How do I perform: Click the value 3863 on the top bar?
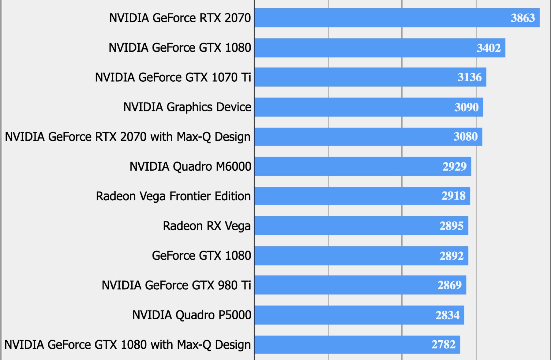pyautogui.click(x=523, y=18)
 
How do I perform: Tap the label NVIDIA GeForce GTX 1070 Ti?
pyautogui.click(x=173, y=77)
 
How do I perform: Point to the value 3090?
pyautogui.click(x=466, y=107)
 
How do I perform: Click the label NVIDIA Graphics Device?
pyautogui.click(x=187, y=107)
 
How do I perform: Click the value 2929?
pyautogui.click(x=454, y=167)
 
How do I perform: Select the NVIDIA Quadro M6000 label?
pyautogui.click(x=190, y=167)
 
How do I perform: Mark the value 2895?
pyautogui.click(x=451, y=226)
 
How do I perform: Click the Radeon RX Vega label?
pyautogui.click(x=207, y=226)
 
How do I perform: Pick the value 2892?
pyautogui.click(x=451, y=256)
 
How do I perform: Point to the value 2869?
pyautogui.click(x=449, y=285)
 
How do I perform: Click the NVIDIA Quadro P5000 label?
pyautogui.click(x=192, y=315)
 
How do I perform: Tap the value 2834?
pyautogui.click(x=447, y=315)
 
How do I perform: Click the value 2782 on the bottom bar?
pyautogui.click(x=443, y=345)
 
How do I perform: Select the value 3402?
pyautogui.click(x=488, y=48)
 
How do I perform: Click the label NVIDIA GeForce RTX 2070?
pyautogui.click(x=180, y=18)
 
